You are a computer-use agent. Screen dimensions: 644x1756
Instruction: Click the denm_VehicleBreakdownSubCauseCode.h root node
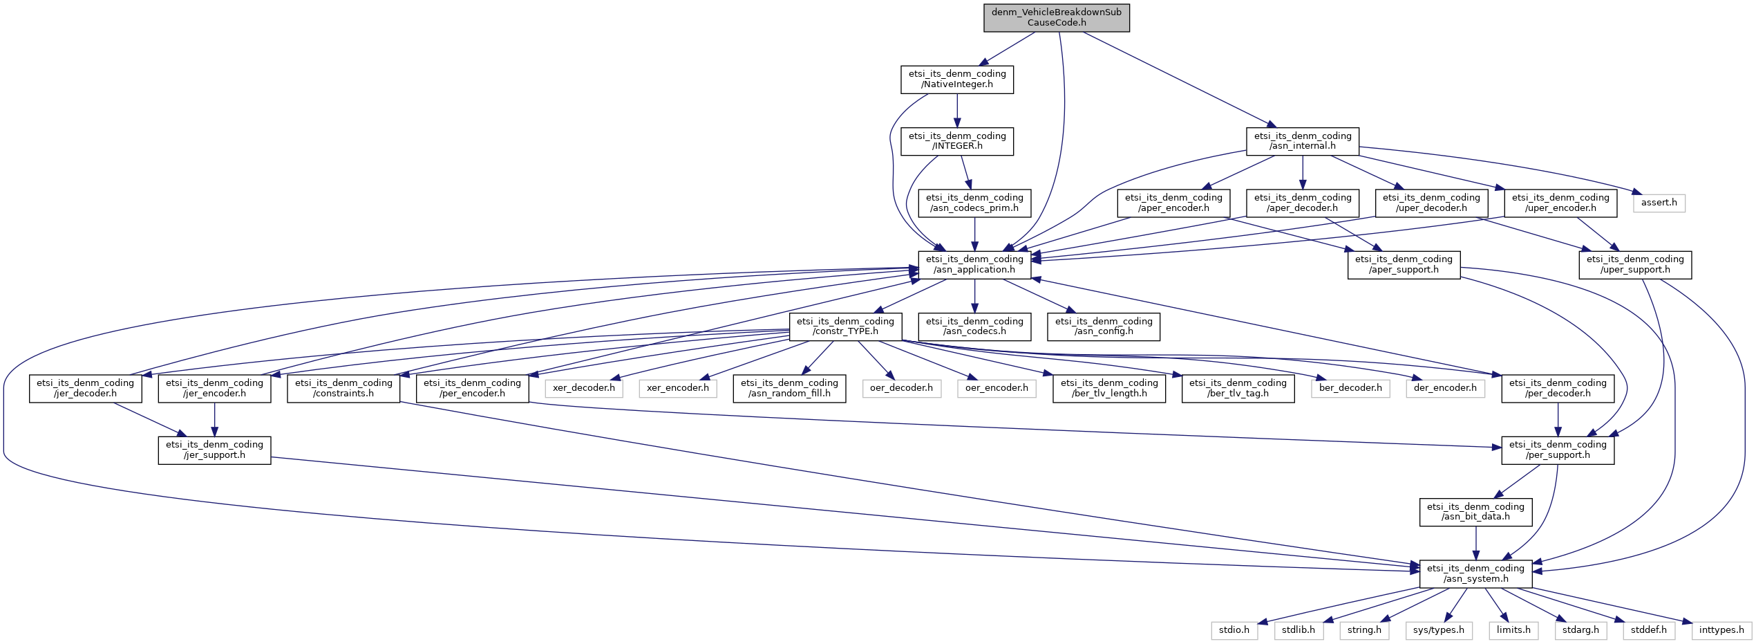[x=1056, y=17]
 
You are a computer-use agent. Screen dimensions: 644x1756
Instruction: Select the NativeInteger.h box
[x=956, y=80]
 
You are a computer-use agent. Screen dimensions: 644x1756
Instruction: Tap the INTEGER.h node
[x=956, y=141]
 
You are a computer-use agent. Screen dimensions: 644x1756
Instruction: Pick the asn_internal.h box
[x=1302, y=141]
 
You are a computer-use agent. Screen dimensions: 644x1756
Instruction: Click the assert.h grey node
[x=1659, y=203]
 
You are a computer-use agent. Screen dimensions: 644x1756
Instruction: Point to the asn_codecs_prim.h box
[x=974, y=203]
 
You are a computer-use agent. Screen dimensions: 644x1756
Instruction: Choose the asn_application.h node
[x=974, y=265]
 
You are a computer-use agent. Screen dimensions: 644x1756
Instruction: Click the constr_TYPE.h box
[x=845, y=326]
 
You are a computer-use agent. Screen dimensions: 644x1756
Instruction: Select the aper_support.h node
[x=1404, y=265]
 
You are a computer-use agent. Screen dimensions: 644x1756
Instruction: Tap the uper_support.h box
[x=1634, y=265]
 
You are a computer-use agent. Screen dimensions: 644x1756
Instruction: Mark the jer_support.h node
[x=214, y=450]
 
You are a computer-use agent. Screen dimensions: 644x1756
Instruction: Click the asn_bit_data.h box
[x=1475, y=512]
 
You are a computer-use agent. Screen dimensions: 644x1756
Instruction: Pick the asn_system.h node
[x=1475, y=574]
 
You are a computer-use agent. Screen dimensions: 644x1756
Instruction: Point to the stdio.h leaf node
[x=1234, y=630]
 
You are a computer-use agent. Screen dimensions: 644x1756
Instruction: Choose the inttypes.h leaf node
[x=1721, y=630]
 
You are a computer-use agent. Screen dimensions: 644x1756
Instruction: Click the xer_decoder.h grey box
[x=583, y=388]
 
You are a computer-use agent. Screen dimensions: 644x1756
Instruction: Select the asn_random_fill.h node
[x=789, y=388]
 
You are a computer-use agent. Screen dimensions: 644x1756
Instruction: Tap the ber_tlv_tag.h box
[x=1238, y=388]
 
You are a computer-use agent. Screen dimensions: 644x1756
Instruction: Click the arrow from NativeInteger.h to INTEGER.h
[x=957, y=111]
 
